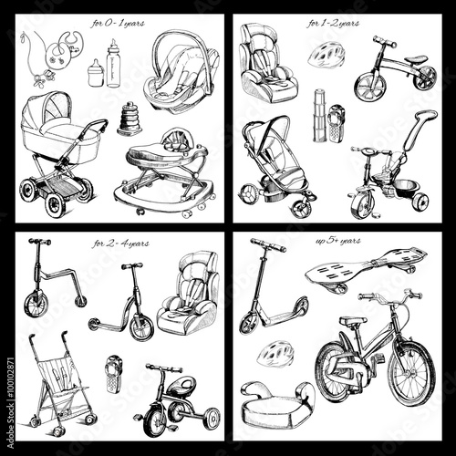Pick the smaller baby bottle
[x=94, y=72]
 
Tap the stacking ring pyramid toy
[x=128, y=119]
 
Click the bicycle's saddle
[x=352, y=320]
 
